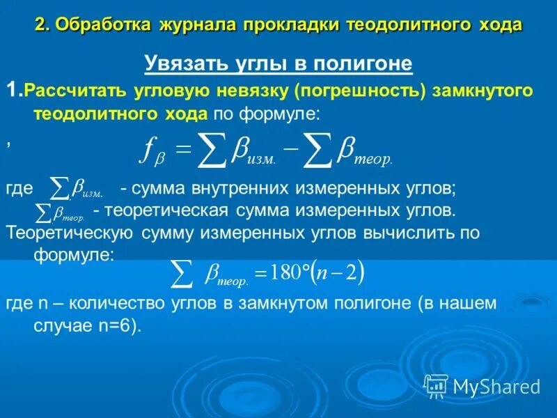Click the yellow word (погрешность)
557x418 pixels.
[x=359, y=91]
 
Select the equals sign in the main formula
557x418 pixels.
[x=182, y=148]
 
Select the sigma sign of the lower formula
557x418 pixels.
[x=182, y=274]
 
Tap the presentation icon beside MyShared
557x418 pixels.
[x=436, y=385]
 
